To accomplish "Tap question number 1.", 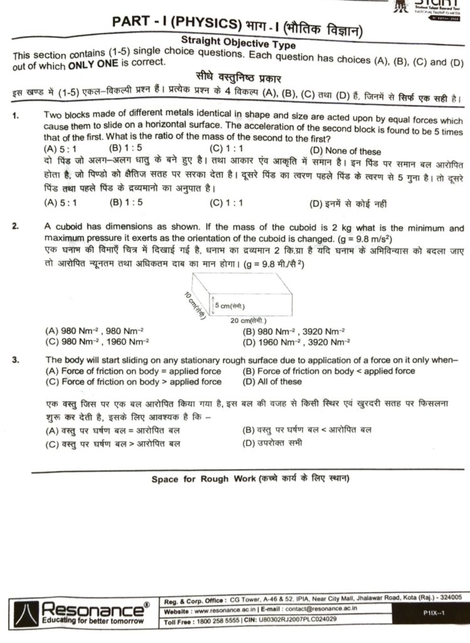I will (15, 116).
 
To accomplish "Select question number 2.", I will (15, 229).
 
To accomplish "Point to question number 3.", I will (15, 360).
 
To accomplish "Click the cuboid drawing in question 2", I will (247, 297).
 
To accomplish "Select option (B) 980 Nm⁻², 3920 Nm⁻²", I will (293, 331).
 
